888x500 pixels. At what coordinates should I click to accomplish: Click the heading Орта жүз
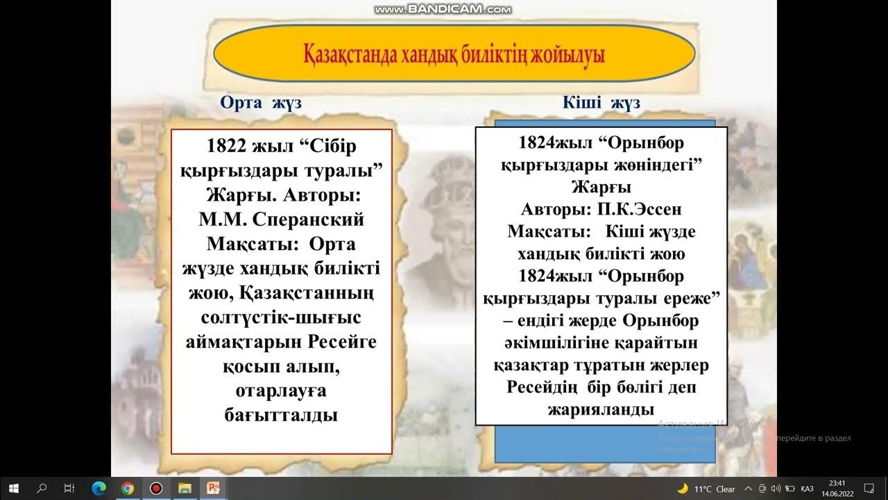pos(261,103)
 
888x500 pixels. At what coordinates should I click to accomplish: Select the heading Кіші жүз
pos(601,103)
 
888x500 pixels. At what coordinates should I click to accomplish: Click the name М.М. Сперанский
pos(281,219)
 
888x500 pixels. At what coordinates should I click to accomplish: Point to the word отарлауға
pos(281,391)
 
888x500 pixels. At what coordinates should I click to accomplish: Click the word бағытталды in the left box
pos(281,415)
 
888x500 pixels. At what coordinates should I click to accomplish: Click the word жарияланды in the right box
pos(601,409)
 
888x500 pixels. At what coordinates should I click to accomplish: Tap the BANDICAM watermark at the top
pos(443,10)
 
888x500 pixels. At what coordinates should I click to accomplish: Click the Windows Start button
pos(14,488)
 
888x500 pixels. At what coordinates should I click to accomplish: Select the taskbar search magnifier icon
pos(42,488)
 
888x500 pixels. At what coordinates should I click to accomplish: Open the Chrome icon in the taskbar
pos(127,488)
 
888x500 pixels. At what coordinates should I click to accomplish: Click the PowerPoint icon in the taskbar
pos(213,488)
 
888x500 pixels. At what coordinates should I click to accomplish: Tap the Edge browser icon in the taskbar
pos(98,488)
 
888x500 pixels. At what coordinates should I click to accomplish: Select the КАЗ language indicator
pos(807,489)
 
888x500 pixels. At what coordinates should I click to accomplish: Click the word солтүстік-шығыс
pos(281,317)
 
